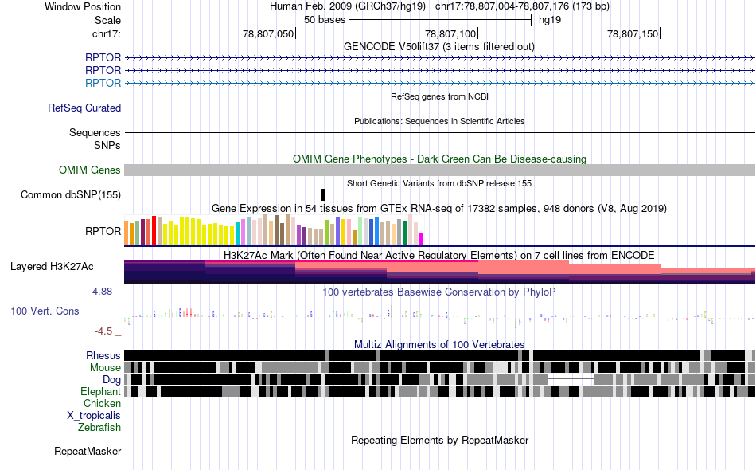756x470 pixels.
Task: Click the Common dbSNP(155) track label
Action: [70, 195]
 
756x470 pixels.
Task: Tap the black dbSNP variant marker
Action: [323, 194]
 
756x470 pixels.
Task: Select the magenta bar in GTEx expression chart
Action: [422, 239]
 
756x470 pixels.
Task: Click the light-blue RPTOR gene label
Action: [103, 83]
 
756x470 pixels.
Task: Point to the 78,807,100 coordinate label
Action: [450, 33]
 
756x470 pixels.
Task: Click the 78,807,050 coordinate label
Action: [268, 33]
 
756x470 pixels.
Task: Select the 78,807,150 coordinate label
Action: [633, 33]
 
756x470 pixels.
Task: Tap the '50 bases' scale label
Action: [325, 20]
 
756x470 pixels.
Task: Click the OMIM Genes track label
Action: [90, 170]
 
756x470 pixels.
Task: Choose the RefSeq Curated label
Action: [84, 108]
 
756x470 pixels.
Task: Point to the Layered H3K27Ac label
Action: [52, 266]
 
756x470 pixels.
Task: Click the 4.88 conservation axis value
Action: [102, 292]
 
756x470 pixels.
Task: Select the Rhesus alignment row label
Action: [103, 355]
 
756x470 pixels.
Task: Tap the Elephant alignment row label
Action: [100, 391]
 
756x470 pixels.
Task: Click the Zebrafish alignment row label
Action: [99, 427]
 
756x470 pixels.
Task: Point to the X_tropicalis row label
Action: [94, 415]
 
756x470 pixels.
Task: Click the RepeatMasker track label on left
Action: [88, 451]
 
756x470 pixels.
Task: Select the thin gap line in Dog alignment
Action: [571, 379]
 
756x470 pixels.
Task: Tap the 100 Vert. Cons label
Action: [45, 311]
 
